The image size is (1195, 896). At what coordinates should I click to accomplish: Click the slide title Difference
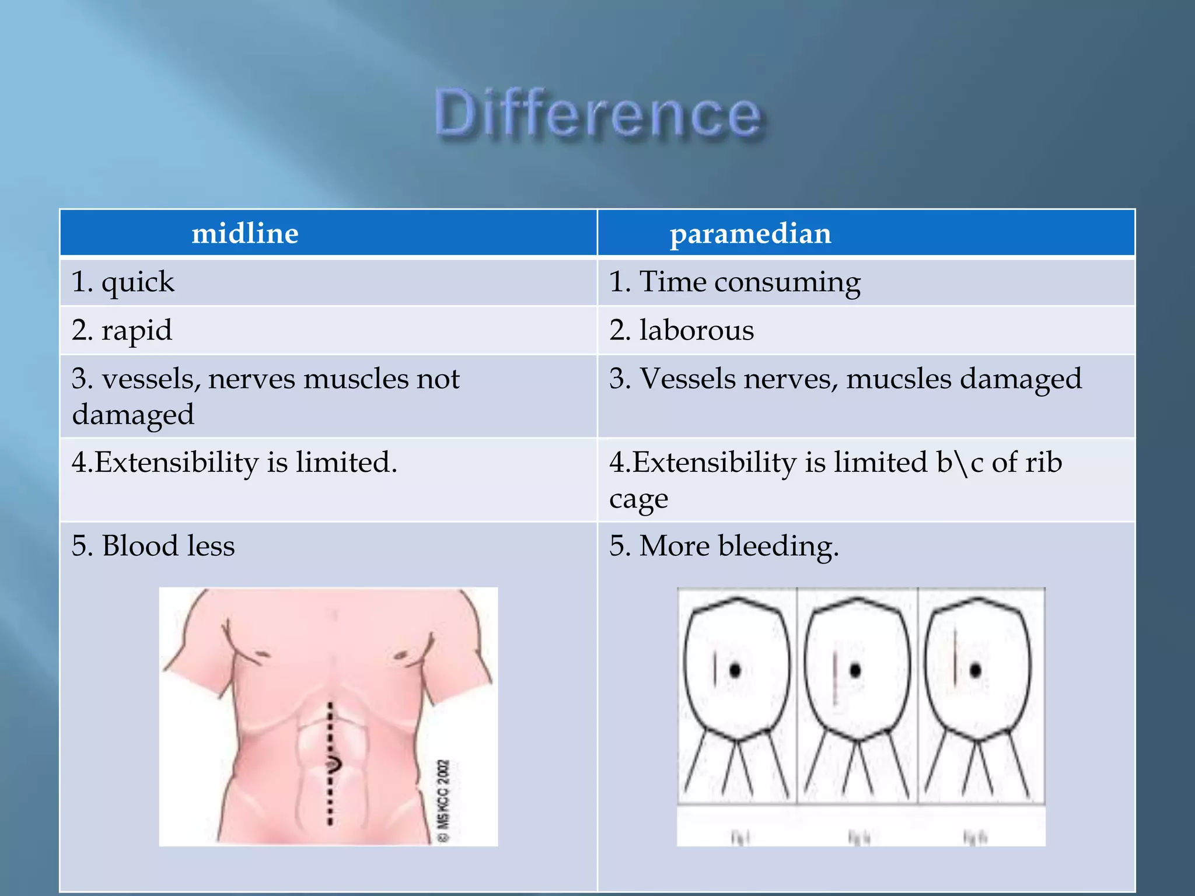point(598,114)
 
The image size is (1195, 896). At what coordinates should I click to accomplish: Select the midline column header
point(245,233)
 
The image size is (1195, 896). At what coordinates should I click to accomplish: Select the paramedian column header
point(750,233)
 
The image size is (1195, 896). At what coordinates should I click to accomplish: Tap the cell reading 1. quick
point(123,282)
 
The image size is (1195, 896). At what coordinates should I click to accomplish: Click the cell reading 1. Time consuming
point(735,282)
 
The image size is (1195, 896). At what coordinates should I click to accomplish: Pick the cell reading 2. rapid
point(122,330)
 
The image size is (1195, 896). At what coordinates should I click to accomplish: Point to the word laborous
point(697,330)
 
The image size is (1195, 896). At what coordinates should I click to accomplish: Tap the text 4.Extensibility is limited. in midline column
point(235,463)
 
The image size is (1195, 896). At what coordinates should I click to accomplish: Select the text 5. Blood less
point(153,546)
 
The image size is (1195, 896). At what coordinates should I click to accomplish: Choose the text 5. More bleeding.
point(724,546)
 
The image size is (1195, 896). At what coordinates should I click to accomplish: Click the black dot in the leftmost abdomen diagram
point(735,670)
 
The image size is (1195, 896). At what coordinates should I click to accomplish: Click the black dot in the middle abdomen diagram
point(855,670)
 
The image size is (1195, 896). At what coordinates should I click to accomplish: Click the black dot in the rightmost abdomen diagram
point(976,670)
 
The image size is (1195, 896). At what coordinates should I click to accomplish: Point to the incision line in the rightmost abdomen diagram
point(955,656)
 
